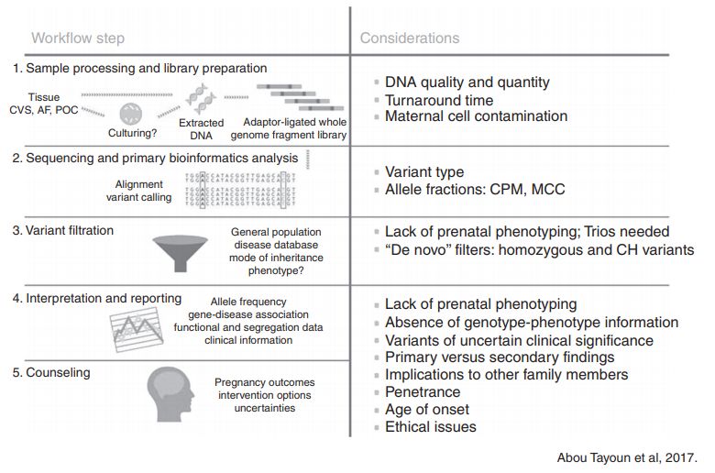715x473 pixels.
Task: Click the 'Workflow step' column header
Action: [77, 38]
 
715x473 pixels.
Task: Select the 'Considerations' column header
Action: [410, 38]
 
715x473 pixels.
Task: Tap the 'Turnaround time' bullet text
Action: [438, 100]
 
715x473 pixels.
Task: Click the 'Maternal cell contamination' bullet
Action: [476, 116]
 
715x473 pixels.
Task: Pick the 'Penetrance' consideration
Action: [423, 392]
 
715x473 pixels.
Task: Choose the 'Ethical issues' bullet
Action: [430, 426]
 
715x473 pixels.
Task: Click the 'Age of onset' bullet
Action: [426, 410]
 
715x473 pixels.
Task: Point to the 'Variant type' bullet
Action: [423, 172]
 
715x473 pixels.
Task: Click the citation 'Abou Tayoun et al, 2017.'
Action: [627, 456]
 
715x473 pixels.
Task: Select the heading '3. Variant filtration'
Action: [63, 230]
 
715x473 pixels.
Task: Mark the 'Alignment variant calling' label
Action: [138, 190]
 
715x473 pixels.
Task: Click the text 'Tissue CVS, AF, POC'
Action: [42, 104]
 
